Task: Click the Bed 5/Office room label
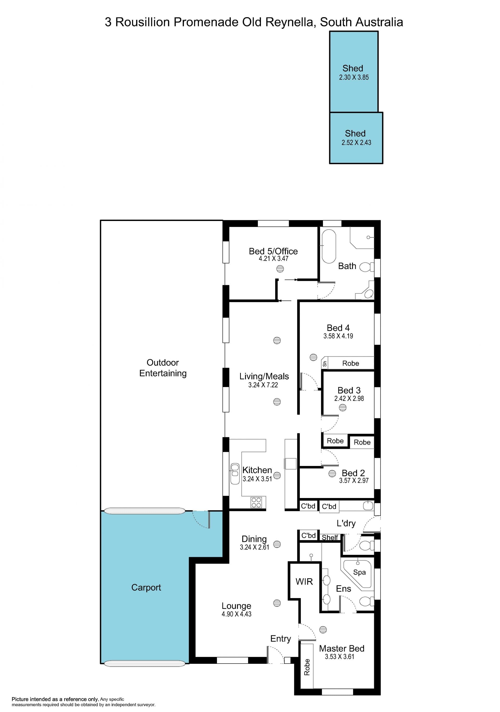coord(273,251)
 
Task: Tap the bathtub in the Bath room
coord(329,247)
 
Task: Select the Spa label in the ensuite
coord(359,572)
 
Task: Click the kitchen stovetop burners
coord(256,502)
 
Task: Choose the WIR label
coord(304,581)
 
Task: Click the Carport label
coord(146,587)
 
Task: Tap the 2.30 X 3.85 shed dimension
coord(354,77)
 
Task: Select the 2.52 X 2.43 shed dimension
coord(356,142)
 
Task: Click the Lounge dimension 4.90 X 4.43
coord(236,614)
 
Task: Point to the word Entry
coord(281,639)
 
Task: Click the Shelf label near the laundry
coord(330,537)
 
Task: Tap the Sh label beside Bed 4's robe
coord(325,364)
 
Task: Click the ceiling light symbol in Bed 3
coord(343,408)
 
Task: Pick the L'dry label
coord(346,524)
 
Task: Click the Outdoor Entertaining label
coord(163,368)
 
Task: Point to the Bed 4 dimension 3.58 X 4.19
coord(338,336)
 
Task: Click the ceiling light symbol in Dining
coord(277,544)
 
